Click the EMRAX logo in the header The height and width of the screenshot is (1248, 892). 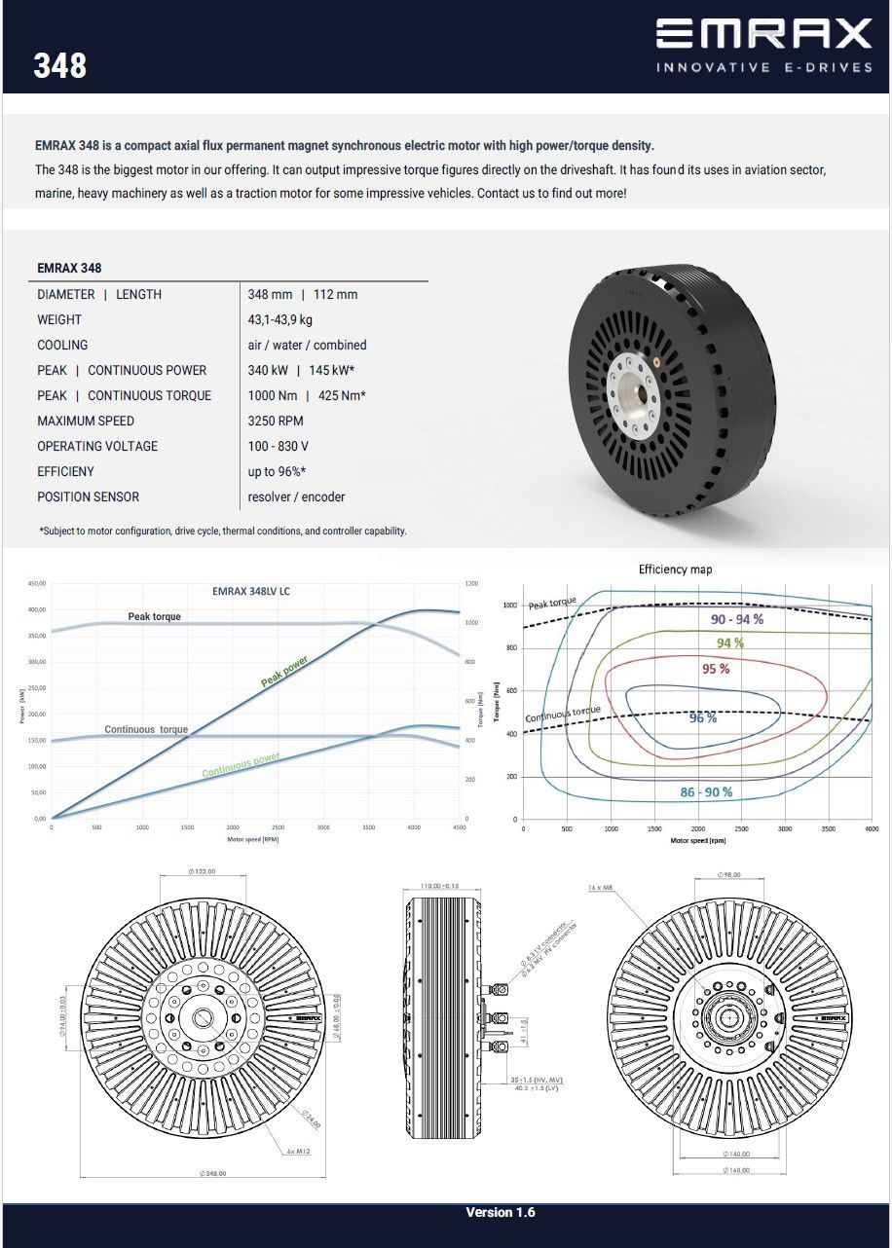coord(763,34)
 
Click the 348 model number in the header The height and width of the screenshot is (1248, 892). coord(60,66)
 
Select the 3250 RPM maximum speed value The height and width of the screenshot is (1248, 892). coord(276,421)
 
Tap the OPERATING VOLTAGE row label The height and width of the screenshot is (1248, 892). coord(97,446)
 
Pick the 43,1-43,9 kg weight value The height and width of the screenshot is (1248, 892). coord(280,319)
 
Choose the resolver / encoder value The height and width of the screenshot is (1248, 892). coord(296,496)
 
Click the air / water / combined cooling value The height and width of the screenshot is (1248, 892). coord(307,345)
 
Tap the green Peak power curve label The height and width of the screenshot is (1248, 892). coord(284,671)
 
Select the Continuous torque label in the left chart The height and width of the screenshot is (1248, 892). coord(146,729)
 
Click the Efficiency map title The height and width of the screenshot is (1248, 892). coord(676,569)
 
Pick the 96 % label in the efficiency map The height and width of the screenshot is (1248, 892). coord(703,717)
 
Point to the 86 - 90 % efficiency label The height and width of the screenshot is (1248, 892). coord(706,792)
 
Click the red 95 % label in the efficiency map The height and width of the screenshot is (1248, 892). coord(716,669)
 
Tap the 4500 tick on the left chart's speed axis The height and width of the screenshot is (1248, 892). coord(459,826)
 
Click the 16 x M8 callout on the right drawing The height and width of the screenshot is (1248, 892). coord(600,888)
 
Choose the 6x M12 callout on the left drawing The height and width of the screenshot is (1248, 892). coord(298,1151)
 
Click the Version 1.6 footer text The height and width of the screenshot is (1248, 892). coord(501,1212)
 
